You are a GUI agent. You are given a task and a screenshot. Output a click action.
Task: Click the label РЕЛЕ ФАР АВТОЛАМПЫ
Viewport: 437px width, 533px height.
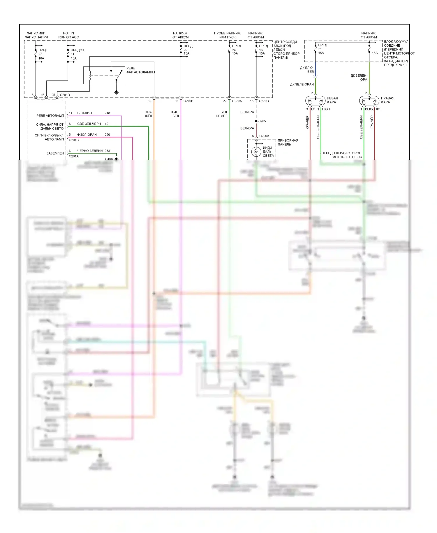pos(140,70)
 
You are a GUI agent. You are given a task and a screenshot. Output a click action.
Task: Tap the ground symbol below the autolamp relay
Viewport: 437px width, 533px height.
pos(116,92)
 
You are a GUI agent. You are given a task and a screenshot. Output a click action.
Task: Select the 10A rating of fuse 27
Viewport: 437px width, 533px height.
pos(41,58)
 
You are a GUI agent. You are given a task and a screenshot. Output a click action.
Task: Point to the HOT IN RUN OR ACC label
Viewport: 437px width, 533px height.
pos(68,35)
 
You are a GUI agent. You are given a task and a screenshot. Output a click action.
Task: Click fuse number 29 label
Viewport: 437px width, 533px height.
pos(185,50)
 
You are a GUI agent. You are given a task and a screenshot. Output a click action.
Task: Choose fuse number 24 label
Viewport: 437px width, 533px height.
pos(234,50)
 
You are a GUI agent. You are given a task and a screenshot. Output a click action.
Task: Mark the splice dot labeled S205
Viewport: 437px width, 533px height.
pos(256,121)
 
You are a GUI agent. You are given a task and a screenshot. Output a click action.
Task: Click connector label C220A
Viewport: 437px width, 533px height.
pos(264,136)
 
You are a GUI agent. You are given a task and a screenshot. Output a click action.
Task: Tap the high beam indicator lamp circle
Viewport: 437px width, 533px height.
pos(256,152)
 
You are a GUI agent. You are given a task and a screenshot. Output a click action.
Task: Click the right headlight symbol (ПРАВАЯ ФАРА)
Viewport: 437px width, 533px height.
pos(369,101)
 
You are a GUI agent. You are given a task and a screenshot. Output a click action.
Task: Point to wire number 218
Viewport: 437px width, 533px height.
pos(107,113)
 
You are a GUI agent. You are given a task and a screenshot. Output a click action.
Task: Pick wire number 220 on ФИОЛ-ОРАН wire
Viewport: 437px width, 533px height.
pos(107,135)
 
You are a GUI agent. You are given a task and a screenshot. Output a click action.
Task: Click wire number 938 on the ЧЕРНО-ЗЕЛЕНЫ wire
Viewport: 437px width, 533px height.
pos(107,151)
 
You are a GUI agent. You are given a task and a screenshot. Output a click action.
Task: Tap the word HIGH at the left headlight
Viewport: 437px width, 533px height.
pos(326,109)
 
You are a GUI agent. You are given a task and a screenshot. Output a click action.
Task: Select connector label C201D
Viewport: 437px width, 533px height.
pos(65,95)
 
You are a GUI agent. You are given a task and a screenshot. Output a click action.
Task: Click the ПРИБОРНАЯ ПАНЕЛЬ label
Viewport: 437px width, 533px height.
pos(288,142)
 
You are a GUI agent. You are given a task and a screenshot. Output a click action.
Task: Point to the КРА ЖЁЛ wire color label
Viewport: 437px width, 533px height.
pos(148,114)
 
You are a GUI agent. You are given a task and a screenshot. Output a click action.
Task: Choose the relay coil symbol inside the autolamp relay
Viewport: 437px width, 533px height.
pos(90,75)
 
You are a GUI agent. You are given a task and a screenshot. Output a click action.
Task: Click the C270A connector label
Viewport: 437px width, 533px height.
pos(237,101)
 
